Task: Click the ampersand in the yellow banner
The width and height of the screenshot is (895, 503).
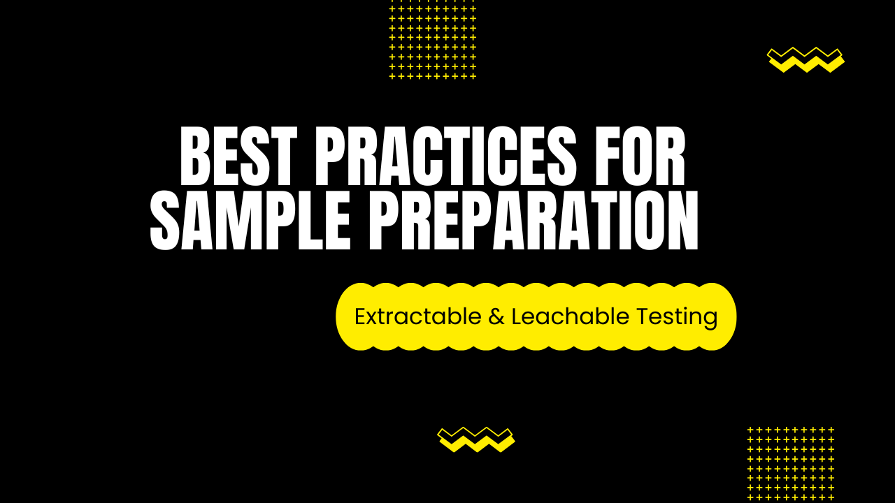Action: pos(496,317)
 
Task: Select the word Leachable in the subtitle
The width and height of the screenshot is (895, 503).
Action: pos(571,316)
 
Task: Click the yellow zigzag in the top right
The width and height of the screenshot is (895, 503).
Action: pos(805,59)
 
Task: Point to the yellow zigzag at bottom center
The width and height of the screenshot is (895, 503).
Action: pos(475,439)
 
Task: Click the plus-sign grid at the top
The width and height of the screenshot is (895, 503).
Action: pos(432,38)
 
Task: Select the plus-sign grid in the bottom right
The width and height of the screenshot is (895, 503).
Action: pos(791,463)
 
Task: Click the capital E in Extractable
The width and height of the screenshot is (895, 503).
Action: pos(360,316)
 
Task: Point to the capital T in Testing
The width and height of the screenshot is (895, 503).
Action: pos(643,316)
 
